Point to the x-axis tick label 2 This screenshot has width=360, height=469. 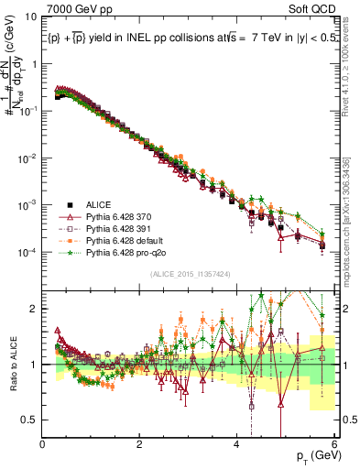click(139, 443)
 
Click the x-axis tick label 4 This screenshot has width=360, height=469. click(237, 443)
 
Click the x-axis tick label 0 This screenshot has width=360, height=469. click(42, 443)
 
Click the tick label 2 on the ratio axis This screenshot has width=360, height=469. click(35, 309)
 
